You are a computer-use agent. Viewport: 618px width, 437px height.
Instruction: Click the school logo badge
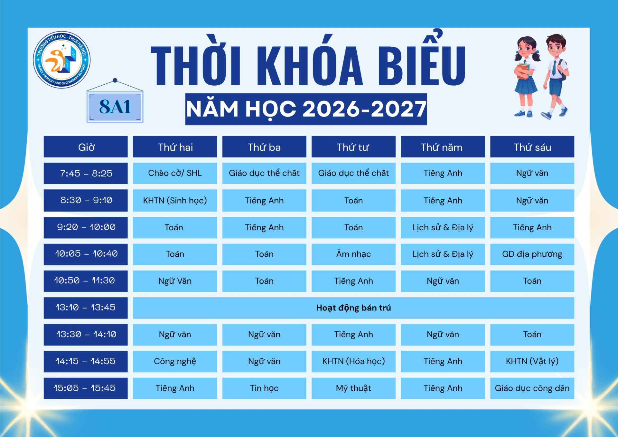click(x=62, y=60)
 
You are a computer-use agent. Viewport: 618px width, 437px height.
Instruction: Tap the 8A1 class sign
click(x=115, y=107)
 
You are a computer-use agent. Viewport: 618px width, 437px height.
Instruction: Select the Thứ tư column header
click(x=353, y=147)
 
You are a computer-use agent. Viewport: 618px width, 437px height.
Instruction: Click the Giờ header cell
click(x=86, y=147)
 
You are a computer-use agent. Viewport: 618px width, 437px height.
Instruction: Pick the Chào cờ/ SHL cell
click(x=175, y=173)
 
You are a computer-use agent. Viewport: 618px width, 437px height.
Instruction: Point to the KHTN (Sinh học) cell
click(x=175, y=200)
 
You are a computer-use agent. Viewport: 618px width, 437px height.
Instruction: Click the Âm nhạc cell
click(x=353, y=254)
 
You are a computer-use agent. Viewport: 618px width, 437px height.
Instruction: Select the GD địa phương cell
click(x=532, y=254)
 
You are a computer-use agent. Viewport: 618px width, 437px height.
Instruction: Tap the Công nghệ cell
click(x=175, y=361)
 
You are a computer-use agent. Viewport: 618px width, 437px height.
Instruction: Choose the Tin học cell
click(x=264, y=388)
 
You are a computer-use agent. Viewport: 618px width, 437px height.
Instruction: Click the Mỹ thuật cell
click(x=353, y=388)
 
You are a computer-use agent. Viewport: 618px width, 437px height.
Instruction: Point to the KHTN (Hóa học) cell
click(x=353, y=361)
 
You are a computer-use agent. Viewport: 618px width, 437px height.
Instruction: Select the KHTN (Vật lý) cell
click(x=532, y=361)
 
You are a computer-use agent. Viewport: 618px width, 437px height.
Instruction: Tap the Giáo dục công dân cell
click(x=532, y=388)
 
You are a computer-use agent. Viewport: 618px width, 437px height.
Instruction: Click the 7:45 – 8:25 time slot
click(x=86, y=173)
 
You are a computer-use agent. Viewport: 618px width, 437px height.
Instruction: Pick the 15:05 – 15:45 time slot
click(x=86, y=388)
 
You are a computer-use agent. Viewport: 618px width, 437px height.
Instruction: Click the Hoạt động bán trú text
click(x=353, y=308)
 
